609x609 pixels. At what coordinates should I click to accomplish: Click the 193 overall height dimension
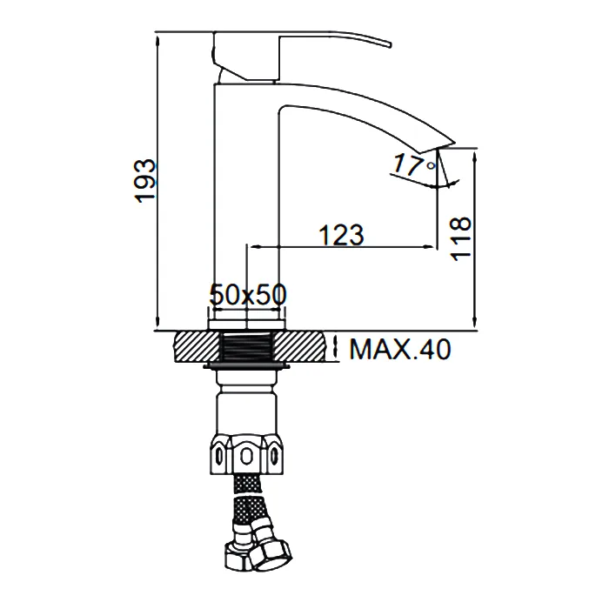coord(145,181)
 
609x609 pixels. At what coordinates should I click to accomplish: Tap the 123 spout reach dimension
coord(341,236)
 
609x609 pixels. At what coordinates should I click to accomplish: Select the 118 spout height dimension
coord(460,239)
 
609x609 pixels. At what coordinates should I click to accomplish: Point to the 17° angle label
coord(414,164)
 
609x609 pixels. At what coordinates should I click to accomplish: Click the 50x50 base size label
coord(248,294)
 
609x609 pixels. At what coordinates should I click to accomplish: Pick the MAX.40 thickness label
coord(400,349)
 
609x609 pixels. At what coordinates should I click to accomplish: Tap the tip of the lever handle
coord(390,43)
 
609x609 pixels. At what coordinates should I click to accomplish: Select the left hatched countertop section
coord(198,347)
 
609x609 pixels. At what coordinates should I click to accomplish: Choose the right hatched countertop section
coord(299,347)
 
